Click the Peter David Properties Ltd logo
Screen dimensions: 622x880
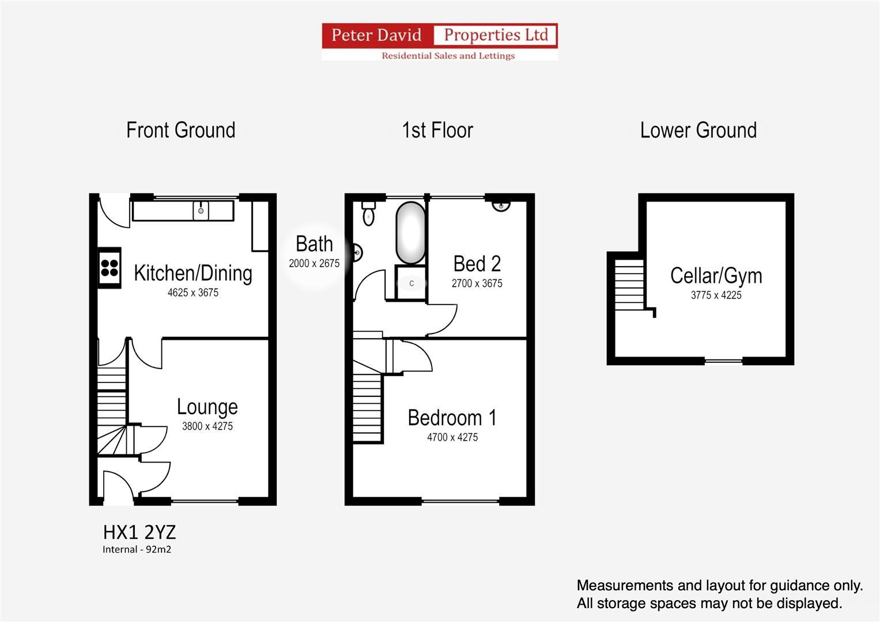(x=439, y=41)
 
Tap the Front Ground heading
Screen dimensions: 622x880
(x=180, y=130)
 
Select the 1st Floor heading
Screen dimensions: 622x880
(x=437, y=130)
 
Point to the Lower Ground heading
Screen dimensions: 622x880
(x=698, y=130)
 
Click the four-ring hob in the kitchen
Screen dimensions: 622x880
(x=109, y=268)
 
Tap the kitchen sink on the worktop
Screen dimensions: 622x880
(x=201, y=210)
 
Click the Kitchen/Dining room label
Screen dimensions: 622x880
(x=193, y=273)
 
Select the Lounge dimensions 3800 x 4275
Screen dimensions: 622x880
(x=207, y=426)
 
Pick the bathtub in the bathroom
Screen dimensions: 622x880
(x=410, y=233)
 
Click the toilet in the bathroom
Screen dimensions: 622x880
(x=368, y=214)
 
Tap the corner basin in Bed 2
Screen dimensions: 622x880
(x=501, y=204)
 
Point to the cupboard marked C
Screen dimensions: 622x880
(x=411, y=283)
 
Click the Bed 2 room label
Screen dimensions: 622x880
(x=477, y=264)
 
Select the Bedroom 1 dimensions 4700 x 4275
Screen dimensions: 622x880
(x=452, y=437)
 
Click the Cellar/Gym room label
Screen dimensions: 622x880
(x=716, y=276)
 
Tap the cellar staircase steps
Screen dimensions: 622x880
(x=629, y=285)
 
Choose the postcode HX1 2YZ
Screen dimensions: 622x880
(x=139, y=531)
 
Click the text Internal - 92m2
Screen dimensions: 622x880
(x=137, y=549)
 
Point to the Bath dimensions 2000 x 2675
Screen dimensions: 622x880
(x=314, y=263)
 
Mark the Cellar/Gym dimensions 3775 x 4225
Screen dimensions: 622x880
(x=716, y=295)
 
